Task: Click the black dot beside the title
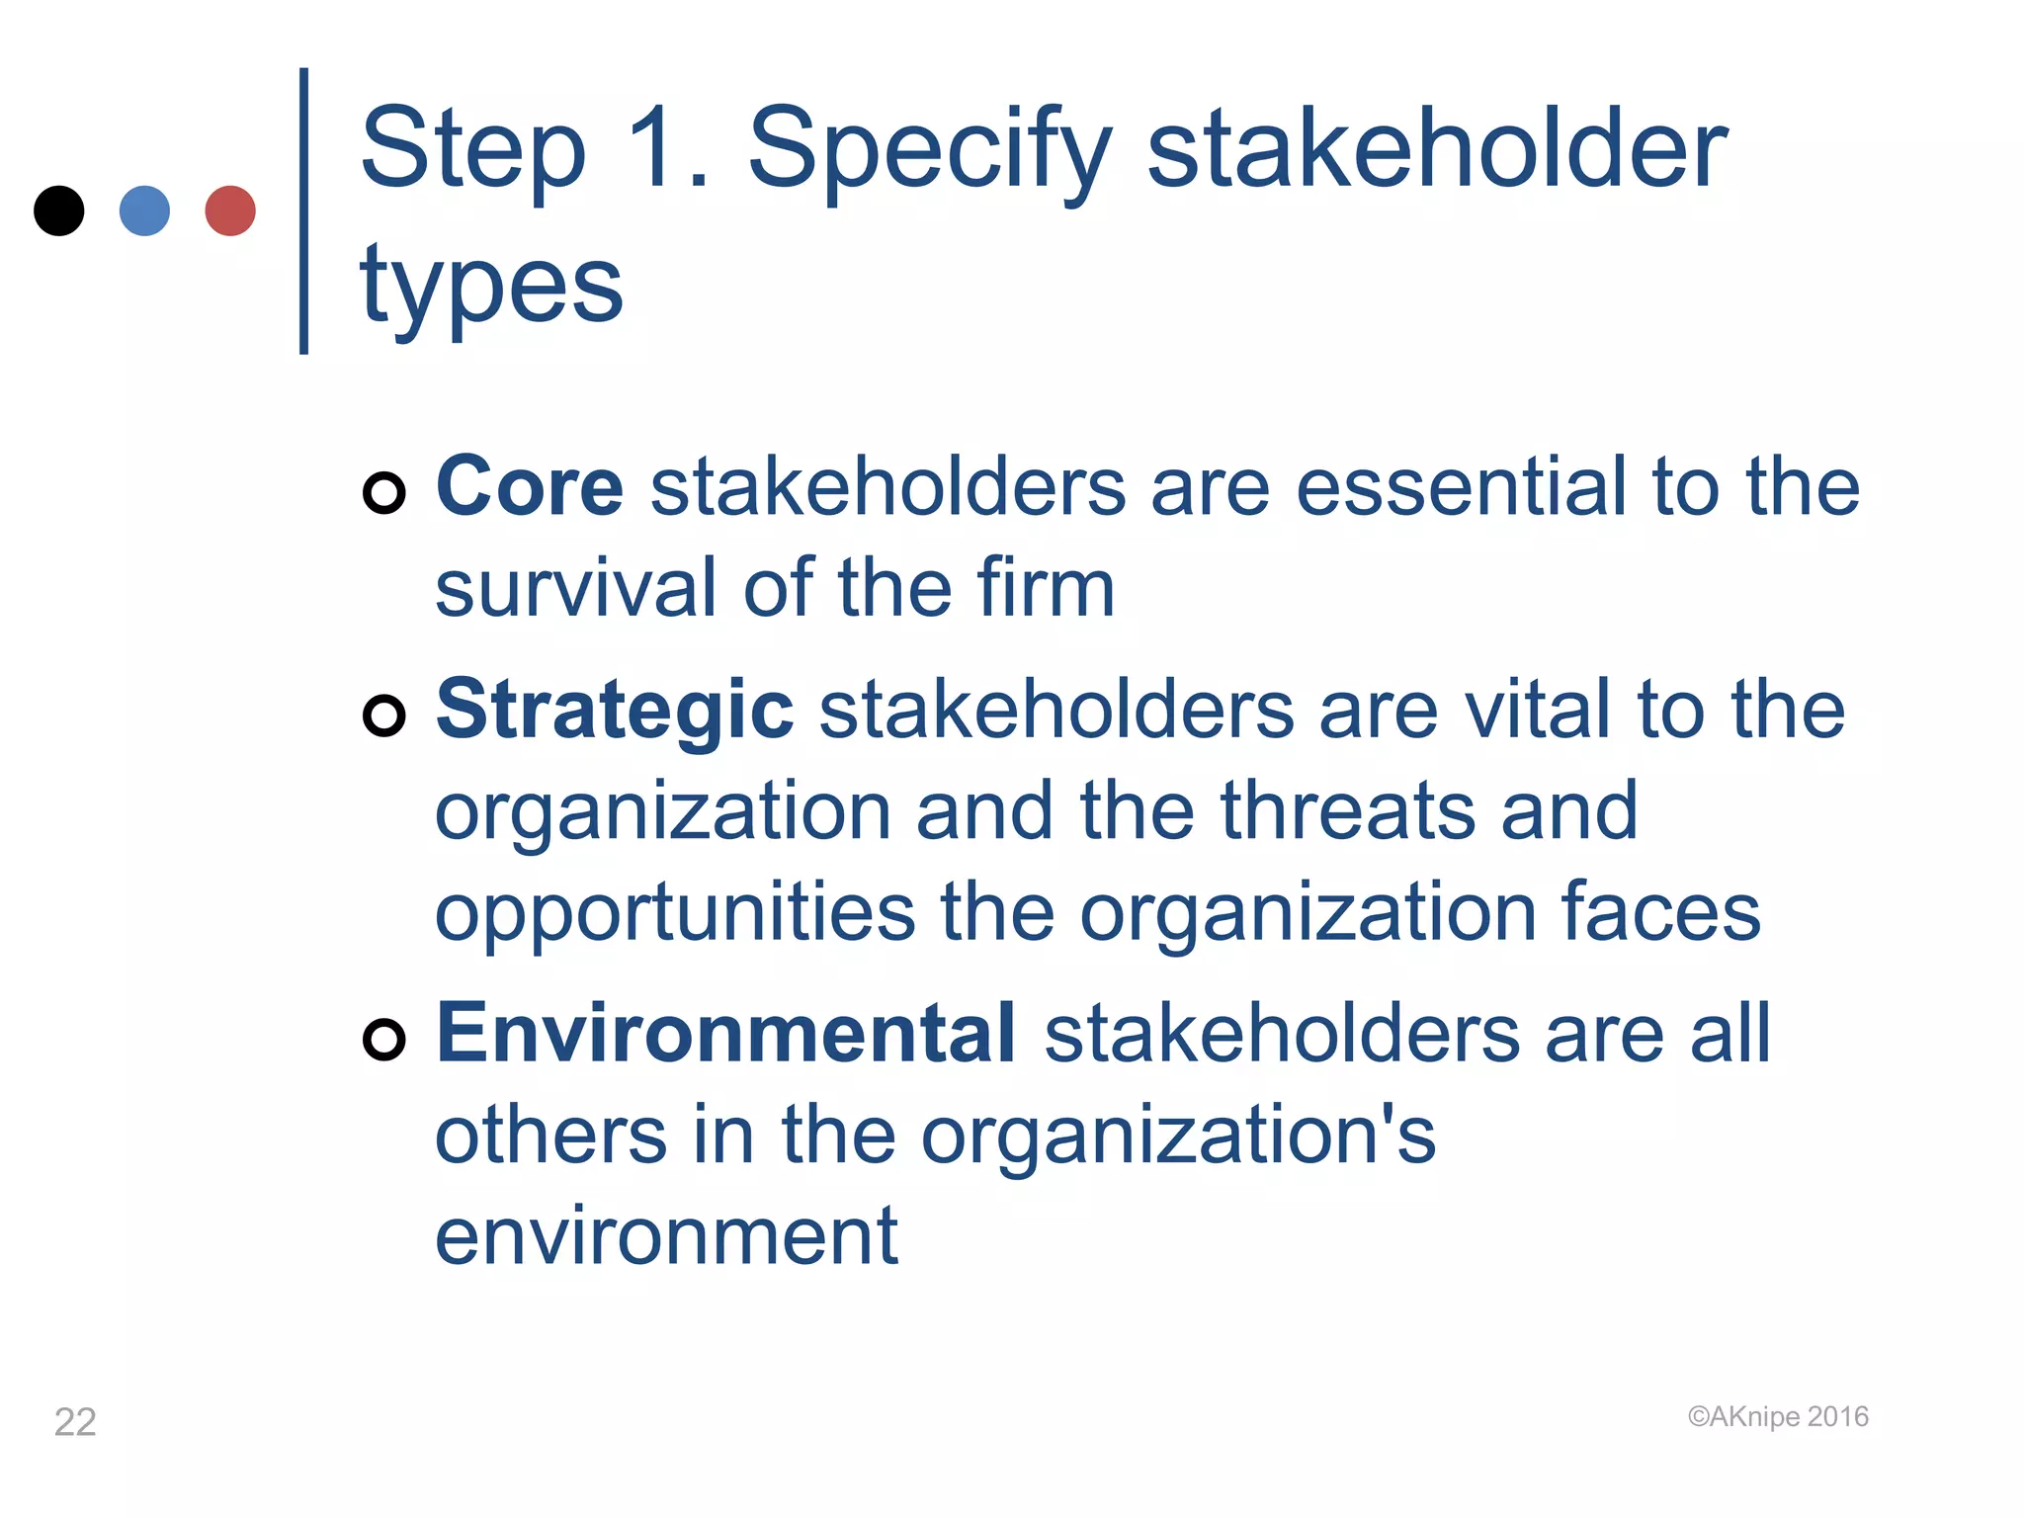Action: coord(58,211)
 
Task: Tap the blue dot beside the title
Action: coord(144,211)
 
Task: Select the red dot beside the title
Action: coord(230,211)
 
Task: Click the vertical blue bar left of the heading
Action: coord(303,211)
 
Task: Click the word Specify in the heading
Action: coord(929,150)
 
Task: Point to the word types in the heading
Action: coord(491,287)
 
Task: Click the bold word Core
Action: coord(530,486)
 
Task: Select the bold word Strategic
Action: coord(614,710)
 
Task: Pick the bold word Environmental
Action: coord(725,1033)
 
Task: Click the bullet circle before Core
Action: coord(383,492)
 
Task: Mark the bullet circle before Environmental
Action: coord(383,1039)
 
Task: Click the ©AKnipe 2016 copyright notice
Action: coord(1778,1417)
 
